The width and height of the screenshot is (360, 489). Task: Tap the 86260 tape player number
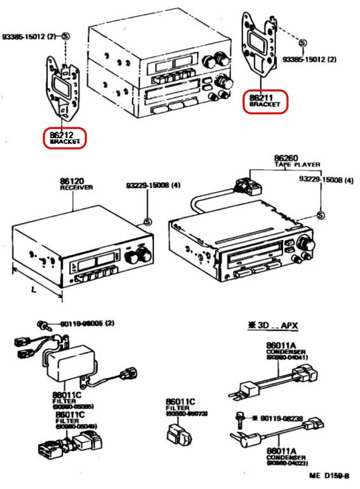tap(285, 158)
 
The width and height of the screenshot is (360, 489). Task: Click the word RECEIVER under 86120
tap(76, 187)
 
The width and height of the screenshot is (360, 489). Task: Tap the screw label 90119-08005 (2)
tap(87, 323)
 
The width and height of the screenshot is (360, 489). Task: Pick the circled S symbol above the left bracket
tap(65, 36)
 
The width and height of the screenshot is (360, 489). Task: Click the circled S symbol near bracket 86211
tap(302, 43)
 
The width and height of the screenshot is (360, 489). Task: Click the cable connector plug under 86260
tap(248, 187)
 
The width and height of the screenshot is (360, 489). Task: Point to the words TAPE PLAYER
tap(297, 164)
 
